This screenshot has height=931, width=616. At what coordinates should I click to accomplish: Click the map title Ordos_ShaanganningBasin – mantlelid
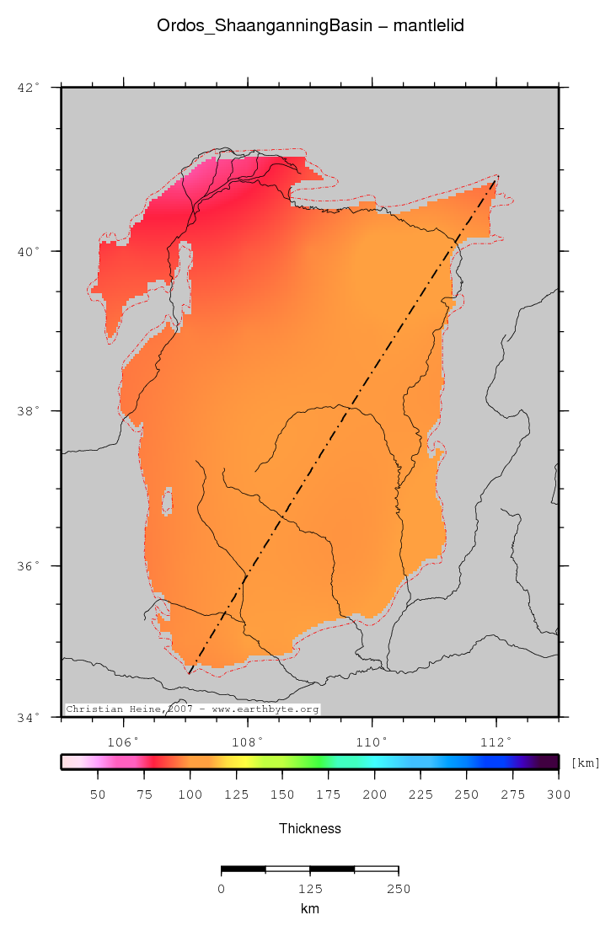pos(310,26)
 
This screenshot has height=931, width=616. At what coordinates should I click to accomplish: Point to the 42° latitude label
pos(29,87)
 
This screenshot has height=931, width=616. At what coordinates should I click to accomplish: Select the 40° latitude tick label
pos(29,251)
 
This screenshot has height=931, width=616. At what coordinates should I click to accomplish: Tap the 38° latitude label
pos(29,411)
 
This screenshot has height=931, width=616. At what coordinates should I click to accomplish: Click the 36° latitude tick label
pos(29,566)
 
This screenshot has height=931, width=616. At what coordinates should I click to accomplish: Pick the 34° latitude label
pos(29,718)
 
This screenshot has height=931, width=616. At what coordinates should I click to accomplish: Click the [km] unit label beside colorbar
pos(586,762)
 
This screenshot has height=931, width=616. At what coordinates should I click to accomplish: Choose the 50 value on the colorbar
pos(98,795)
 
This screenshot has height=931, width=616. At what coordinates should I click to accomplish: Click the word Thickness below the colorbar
pos(310,829)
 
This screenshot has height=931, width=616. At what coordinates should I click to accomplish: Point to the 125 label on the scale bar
pos(309,889)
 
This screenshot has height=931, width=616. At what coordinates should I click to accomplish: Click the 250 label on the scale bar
pos(398,889)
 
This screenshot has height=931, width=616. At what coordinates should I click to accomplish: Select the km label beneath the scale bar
pos(309,909)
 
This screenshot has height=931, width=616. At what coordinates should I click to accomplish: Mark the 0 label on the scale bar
pos(221,889)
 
